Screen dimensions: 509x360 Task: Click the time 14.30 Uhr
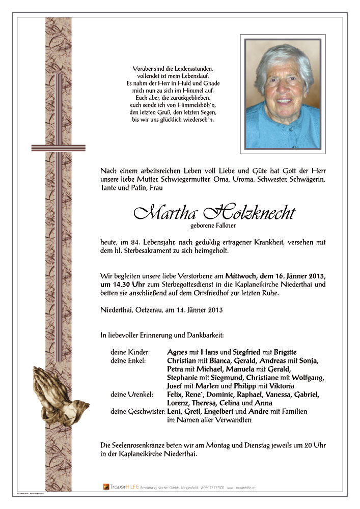coord(123,284)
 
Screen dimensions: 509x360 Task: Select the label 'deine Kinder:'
coord(130,352)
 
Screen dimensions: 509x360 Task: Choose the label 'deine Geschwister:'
coord(137,411)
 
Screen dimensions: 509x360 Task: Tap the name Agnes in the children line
coord(177,352)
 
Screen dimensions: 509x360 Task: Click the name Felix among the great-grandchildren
coord(175,394)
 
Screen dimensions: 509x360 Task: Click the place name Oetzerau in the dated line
coord(147,309)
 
